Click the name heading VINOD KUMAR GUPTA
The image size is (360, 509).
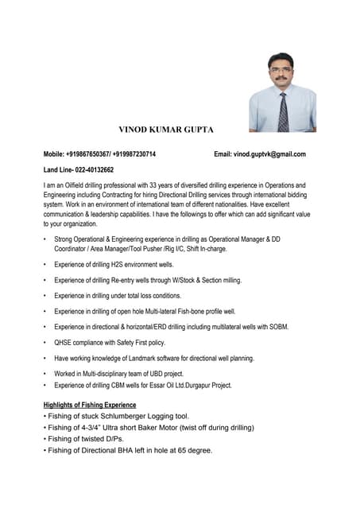click(x=166, y=129)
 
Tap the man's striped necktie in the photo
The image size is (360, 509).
click(x=283, y=112)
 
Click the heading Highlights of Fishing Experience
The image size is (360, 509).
click(x=89, y=406)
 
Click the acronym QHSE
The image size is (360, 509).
click(x=64, y=342)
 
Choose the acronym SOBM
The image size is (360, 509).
click(x=277, y=327)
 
